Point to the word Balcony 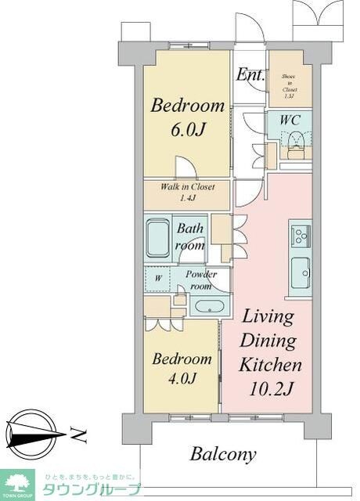tap(223, 454)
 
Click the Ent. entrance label tap(250, 76)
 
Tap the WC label tap(290, 121)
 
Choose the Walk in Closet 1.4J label tap(187, 193)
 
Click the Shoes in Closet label tap(290, 85)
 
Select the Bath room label tap(190, 237)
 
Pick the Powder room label tap(201, 279)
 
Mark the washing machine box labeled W tap(158, 277)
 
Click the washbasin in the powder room tap(208, 306)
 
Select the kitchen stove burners tap(300, 235)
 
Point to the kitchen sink tap(300, 272)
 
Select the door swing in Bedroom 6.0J tap(185, 167)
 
